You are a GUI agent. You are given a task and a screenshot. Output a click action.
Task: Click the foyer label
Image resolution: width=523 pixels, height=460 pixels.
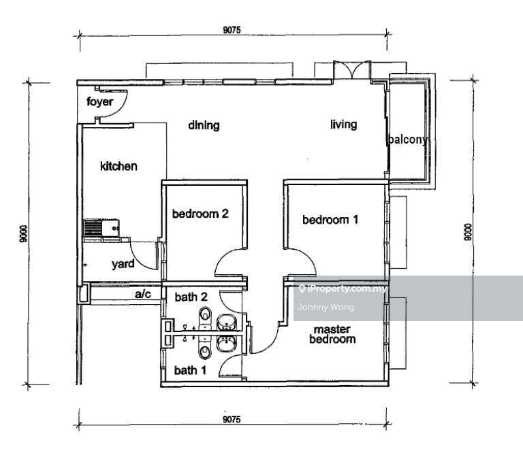point(99,103)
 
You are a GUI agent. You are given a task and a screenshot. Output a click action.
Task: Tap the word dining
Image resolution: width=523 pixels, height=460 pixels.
point(204,125)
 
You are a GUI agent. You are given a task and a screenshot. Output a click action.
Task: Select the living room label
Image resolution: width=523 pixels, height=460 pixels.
point(344,124)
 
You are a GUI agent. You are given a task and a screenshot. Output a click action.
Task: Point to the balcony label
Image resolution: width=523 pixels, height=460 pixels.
point(407,139)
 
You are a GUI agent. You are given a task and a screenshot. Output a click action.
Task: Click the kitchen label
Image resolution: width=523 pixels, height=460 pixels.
point(118,166)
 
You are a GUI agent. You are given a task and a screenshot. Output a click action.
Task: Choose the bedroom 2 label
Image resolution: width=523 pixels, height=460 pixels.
point(200,214)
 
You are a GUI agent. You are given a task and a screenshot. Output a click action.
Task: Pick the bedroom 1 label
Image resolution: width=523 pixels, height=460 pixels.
point(330,220)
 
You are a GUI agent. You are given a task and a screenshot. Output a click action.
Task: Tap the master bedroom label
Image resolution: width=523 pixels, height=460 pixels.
point(332,334)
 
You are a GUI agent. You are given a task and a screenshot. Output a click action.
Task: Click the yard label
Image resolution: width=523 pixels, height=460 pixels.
point(123,265)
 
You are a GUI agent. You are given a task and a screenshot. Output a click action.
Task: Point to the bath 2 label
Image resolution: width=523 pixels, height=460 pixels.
point(191,297)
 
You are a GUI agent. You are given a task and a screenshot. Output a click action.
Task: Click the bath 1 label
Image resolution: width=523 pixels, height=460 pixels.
point(190,371)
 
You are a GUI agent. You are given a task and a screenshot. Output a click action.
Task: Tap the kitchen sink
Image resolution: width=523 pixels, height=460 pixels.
point(100,228)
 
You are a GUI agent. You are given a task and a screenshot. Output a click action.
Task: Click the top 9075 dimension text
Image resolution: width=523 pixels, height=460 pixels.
point(232,29)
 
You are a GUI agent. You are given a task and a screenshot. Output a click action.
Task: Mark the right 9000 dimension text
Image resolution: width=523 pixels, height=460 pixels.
point(466,235)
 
